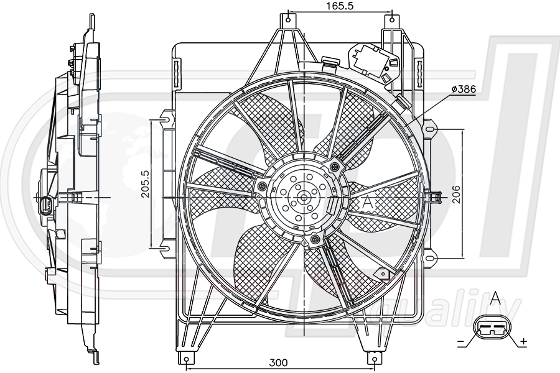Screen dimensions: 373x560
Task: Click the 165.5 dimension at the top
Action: coord(340,6)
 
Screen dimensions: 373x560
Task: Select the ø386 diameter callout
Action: coord(464,90)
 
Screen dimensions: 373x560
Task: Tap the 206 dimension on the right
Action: coord(472,193)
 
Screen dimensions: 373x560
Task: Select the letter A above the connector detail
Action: coord(495,298)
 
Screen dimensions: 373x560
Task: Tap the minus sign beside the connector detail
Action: coord(461,342)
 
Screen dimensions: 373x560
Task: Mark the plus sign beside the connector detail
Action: coord(524,341)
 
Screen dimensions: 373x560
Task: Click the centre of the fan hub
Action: coord(303,198)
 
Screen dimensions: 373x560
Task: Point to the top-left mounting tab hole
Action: coord(287,20)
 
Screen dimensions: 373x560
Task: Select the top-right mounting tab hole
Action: coord(391,20)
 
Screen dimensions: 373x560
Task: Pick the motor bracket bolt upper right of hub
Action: coord(336,165)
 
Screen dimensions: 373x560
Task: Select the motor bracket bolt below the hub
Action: coord(315,239)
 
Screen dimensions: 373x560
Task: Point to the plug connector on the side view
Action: coord(45,205)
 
